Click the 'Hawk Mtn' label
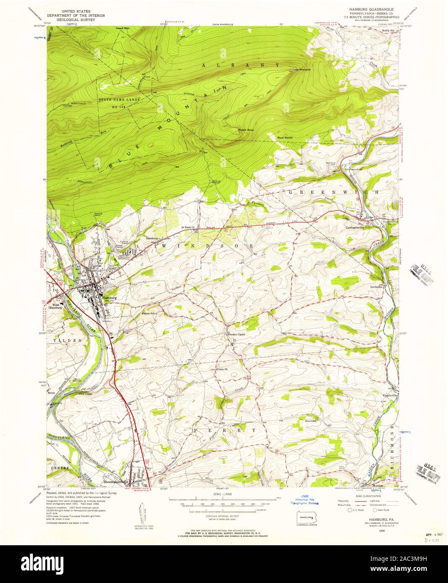(123, 29)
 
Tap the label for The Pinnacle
(301, 70)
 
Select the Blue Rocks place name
(284, 138)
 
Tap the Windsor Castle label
(236, 334)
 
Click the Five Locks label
(86, 394)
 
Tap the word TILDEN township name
(67, 341)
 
